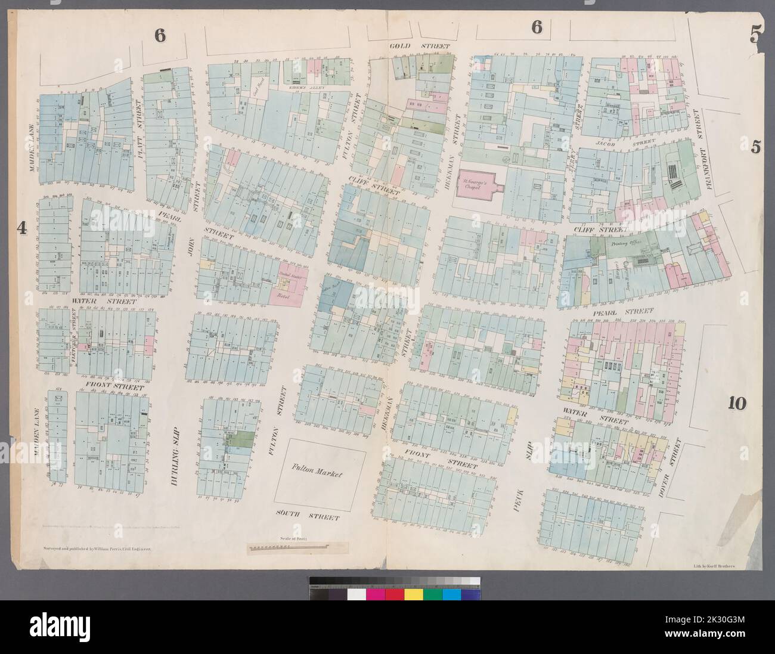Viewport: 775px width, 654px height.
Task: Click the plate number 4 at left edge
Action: point(23,228)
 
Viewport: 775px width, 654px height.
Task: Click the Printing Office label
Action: point(625,244)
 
